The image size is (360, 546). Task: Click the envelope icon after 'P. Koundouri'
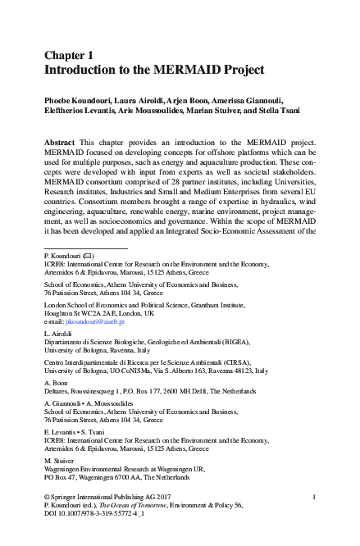[x=88, y=256]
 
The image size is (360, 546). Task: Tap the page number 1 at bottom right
[x=315, y=497]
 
